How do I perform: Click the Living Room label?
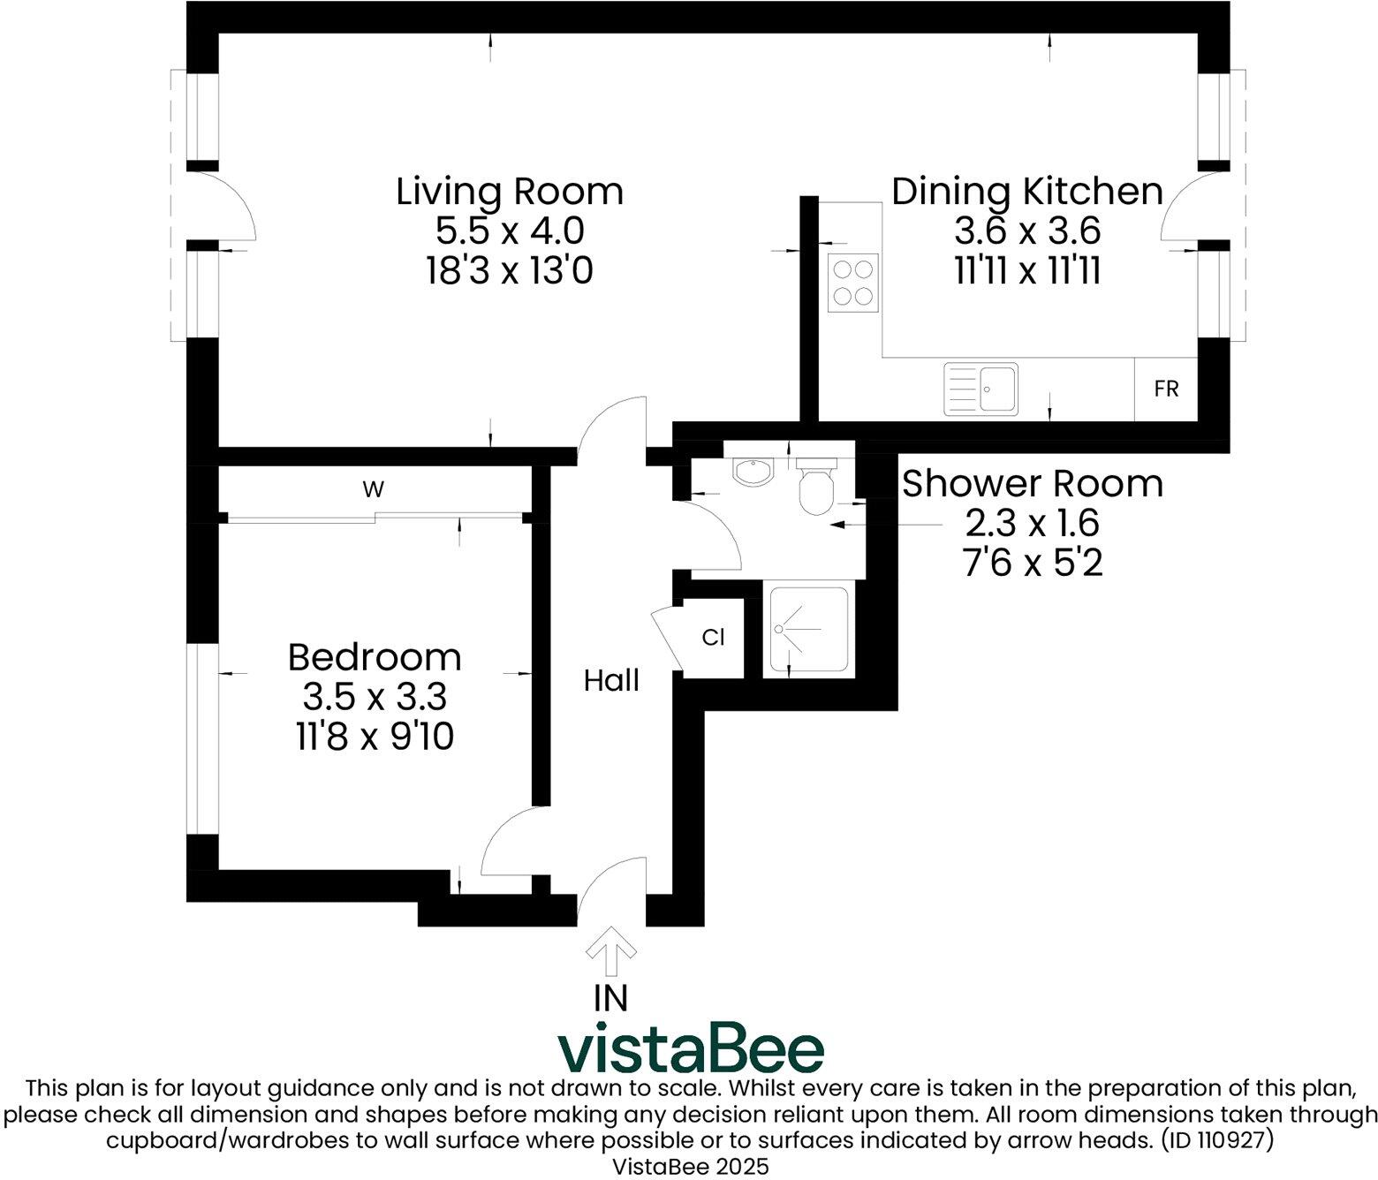(x=509, y=192)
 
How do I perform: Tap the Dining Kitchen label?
(x=1026, y=192)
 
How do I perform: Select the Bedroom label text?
(x=375, y=658)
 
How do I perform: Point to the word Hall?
(x=611, y=681)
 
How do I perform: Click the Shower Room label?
(x=1032, y=484)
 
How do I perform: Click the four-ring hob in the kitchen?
(x=853, y=282)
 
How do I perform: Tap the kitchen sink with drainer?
(x=980, y=389)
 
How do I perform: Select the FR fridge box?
(x=1166, y=389)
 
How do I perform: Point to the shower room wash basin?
(x=753, y=472)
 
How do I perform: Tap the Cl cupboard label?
(x=713, y=637)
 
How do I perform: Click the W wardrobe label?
(x=375, y=488)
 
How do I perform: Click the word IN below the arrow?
(x=611, y=998)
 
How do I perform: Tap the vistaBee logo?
(x=690, y=1049)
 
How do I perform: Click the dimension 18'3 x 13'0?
(x=509, y=270)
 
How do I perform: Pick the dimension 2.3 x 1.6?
(x=1032, y=523)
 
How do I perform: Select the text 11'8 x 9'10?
(x=375, y=736)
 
